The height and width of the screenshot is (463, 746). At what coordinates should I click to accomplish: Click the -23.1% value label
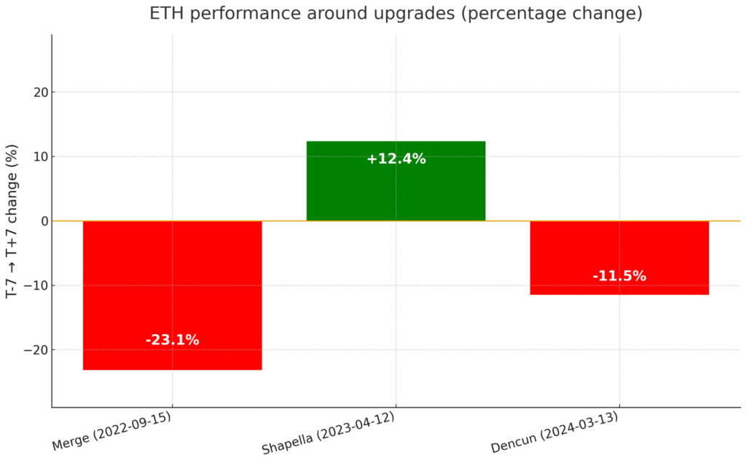[172, 340]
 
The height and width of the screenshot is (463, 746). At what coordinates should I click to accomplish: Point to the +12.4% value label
[396, 159]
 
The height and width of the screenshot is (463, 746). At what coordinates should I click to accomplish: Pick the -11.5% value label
[619, 276]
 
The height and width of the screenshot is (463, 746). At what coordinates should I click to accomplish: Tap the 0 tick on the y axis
[43, 221]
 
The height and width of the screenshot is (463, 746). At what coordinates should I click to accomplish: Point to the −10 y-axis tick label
[35, 285]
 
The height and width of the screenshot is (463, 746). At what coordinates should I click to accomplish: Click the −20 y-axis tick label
[35, 349]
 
